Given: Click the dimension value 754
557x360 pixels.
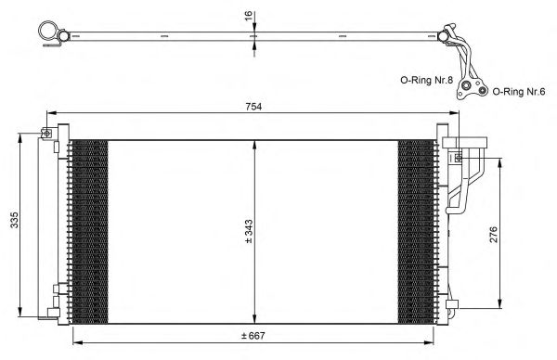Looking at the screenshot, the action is (x=253, y=107).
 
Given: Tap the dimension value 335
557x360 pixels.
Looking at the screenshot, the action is (x=14, y=220).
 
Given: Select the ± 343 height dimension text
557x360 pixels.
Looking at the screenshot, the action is (x=249, y=231).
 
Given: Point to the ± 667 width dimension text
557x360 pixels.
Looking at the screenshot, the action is (x=253, y=336).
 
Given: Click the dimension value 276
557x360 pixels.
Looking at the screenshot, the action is (x=494, y=235).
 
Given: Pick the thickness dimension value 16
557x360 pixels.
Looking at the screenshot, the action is (x=249, y=16).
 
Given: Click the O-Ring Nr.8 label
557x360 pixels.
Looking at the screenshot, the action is (x=427, y=80).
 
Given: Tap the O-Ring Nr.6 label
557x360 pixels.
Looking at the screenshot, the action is (x=519, y=92).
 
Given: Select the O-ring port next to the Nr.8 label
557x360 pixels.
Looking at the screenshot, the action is (x=466, y=86).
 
